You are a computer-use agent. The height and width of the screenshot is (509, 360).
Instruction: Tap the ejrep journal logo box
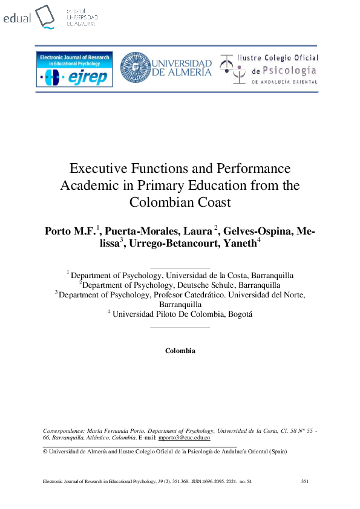pos(74,70)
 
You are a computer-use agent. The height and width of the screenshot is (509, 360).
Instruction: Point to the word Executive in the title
pos(97,169)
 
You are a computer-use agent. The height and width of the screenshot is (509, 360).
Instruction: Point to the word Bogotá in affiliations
pos(239,314)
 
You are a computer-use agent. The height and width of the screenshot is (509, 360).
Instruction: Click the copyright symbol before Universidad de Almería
pos(45,451)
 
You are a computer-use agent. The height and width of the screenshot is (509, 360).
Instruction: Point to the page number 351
pos(305,481)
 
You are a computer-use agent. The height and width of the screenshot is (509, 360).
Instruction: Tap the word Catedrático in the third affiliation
pos(214,294)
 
